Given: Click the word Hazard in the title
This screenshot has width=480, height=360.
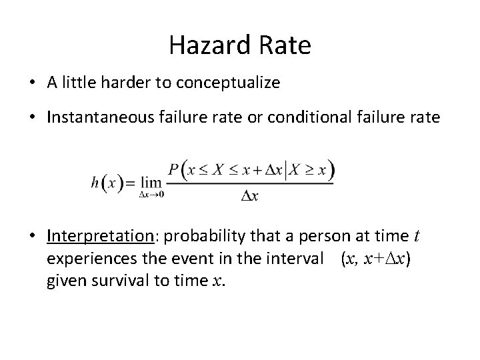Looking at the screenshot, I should click(205, 45).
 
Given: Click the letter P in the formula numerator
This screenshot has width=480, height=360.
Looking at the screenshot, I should click(175, 169).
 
